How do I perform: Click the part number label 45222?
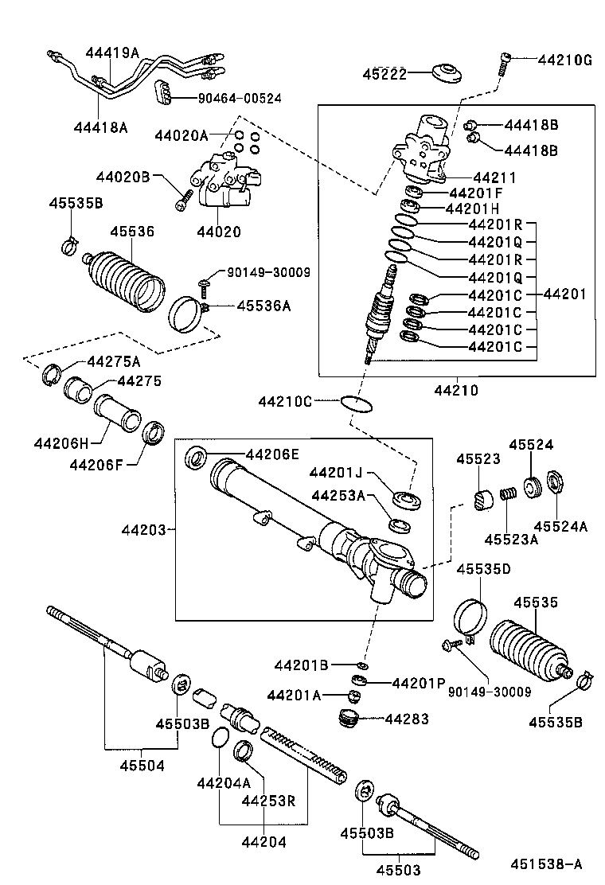(x=385, y=74)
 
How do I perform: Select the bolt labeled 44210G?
(x=505, y=62)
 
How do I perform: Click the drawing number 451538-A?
(x=547, y=863)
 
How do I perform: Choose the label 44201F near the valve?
(x=475, y=193)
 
